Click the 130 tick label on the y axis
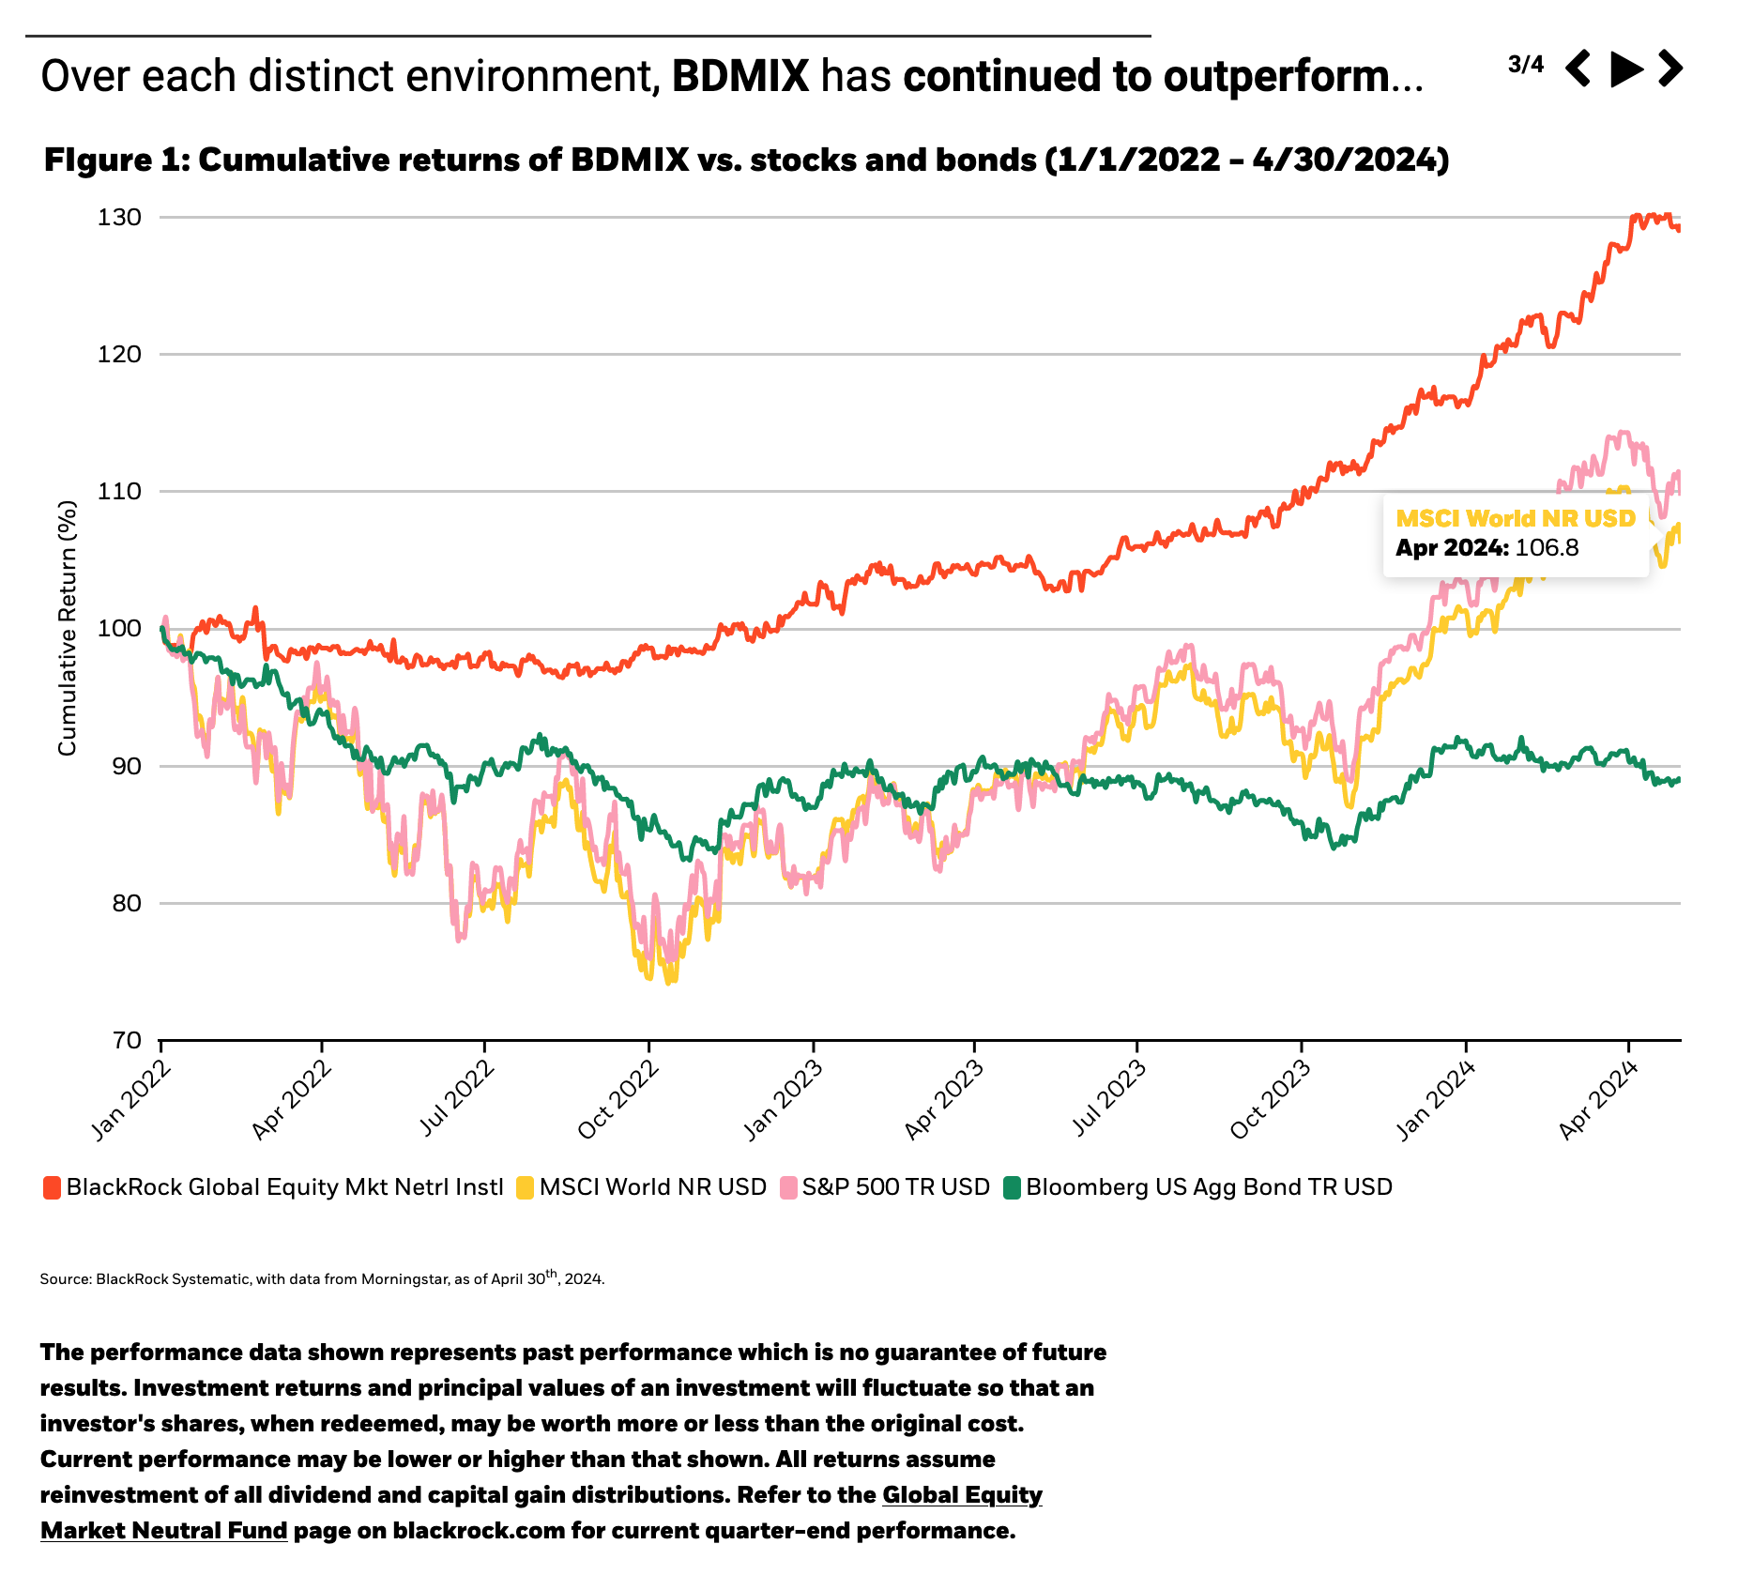(119, 218)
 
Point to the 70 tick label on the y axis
(119, 1041)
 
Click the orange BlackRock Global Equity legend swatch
(53, 1188)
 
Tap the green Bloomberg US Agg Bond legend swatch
(1013, 1188)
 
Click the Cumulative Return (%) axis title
(67, 628)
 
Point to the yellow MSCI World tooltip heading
(1515, 518)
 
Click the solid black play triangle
(1625, 69)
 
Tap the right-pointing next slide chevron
(1670, 69)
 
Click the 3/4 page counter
(1525, 65)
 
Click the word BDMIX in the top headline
(740, 76)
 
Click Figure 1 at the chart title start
(116, 161)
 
